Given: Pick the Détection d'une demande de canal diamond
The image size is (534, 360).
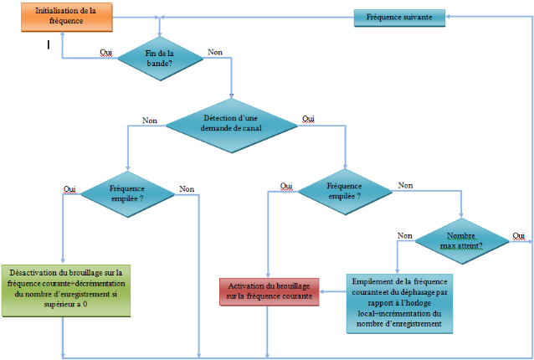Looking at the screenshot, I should [x=231, y=122].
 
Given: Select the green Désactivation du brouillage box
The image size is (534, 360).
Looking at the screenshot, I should [x=65, y=290].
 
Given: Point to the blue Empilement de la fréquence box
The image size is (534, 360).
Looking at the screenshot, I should [x=398, y=302].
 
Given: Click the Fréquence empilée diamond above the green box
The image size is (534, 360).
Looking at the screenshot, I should [x=127, y=194].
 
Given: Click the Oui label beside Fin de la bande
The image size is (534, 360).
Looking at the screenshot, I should [x=106, y=53].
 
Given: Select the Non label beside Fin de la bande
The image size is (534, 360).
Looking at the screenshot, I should [x=215, y=53].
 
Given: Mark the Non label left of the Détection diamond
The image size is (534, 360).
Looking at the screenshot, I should [x=150, y=121].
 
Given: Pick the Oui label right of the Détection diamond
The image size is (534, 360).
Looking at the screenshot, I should [x=309, y=119].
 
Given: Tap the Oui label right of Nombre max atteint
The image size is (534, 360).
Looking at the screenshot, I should [x=518, y=235].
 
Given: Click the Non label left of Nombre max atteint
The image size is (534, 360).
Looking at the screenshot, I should [x=405, y=236].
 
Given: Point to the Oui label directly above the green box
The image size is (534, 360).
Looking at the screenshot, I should [x=69, y=189].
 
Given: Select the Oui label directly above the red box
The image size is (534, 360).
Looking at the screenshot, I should [x=285, y=186].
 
